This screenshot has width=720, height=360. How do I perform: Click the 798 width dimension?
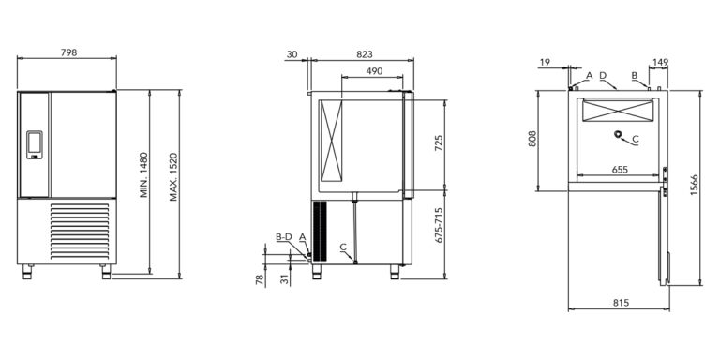(x=68, y=52)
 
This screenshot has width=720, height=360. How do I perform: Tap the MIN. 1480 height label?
(x=144, y=175)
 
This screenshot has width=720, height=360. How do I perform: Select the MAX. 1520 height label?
(x=173, y=177)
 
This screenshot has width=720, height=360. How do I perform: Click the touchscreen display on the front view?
(x=35, y=144)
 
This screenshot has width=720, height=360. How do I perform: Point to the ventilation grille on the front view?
(x=80, y=231)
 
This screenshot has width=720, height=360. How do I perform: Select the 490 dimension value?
(x=374, y=71)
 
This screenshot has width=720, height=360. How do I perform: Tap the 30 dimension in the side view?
(x=292, y=54)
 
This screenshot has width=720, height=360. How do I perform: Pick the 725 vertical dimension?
(x=439, y=143)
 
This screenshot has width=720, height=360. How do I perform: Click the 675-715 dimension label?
(x=439, y=225)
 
